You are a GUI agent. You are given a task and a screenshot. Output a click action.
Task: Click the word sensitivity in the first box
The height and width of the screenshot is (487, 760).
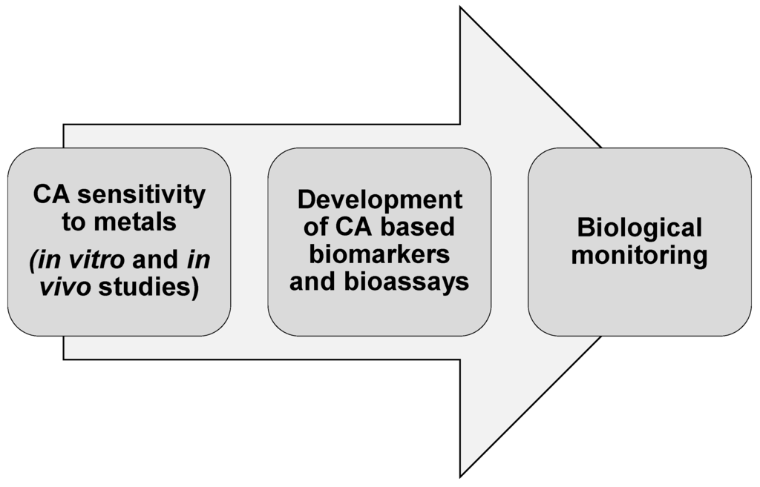pyautogui.click(x=142, y=195)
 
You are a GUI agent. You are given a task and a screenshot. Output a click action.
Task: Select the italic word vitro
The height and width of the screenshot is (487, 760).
pyautogui.click(x=95, y=259)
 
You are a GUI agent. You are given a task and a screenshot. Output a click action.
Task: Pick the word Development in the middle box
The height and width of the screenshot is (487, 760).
pyautogui.click(x=379, y=200)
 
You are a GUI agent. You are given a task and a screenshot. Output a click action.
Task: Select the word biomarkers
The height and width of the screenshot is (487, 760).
pyautogui.click(x=379, y=254)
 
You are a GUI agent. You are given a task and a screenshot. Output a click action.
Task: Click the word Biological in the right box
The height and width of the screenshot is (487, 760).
pyautogui.click(x=639, y=228)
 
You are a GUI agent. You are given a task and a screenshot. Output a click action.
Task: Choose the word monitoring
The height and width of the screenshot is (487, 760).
pyautogui.click(x=639, y=256)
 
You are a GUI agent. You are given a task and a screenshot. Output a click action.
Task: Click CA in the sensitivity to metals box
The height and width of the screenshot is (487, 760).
pyautogui.click(x=53, y=195)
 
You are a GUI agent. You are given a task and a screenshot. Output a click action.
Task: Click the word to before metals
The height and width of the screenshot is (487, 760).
pyautogui.click(x=74, y=222)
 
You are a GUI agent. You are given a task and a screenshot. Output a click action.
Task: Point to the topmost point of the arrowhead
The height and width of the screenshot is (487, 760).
pyautogui.click(x=460, y=7)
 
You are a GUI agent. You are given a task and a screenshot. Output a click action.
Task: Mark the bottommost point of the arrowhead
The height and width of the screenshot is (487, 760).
pyautogui.click(x=460, y=477)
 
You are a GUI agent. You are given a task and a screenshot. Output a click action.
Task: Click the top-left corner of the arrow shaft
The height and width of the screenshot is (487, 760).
pyautogui.click(x=64, y=125)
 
